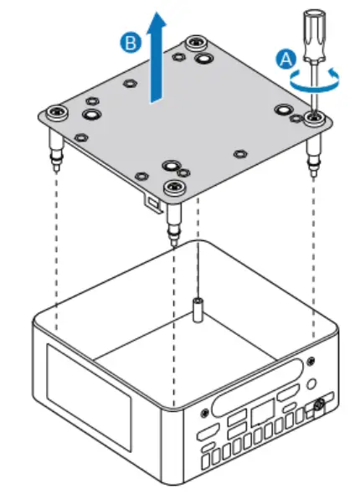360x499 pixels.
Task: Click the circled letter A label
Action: [285, 58]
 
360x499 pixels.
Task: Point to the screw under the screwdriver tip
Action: [314, 118]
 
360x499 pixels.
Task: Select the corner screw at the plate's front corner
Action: [174, 187]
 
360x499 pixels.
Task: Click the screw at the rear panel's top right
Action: [312, 362]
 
